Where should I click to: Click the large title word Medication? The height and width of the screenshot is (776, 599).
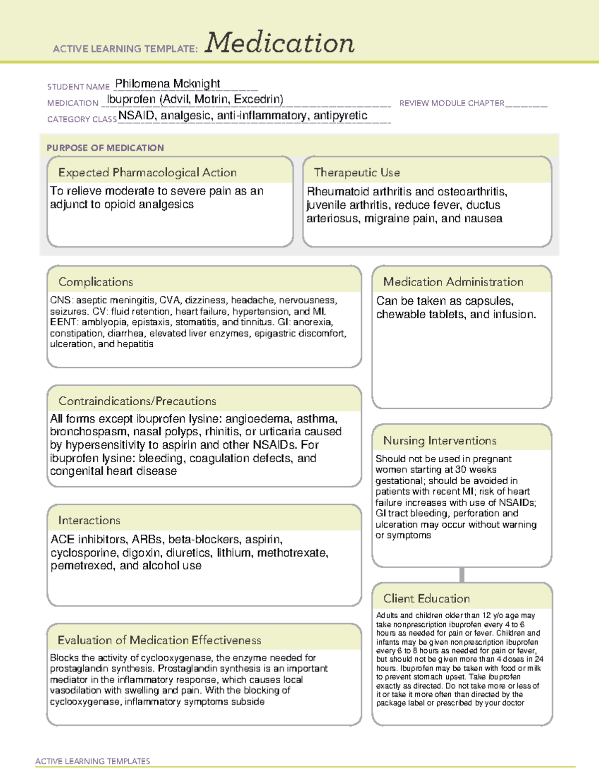[280, 43]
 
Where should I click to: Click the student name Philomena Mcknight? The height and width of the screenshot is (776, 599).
[168, 83]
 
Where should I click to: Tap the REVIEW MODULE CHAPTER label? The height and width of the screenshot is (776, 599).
[452, 103]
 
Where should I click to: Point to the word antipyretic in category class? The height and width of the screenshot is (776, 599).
[340, 115]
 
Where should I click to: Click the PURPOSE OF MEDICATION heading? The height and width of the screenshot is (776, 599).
[105, 148]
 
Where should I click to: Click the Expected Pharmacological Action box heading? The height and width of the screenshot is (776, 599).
[147, 172]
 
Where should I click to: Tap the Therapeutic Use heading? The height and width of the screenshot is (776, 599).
[356, 172]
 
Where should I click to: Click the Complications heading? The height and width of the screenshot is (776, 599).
[95, 282]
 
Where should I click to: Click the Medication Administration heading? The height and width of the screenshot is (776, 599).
[453, 282]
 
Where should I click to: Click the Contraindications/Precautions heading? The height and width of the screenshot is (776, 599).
[137, 401]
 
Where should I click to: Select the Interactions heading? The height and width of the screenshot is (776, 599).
[89, 520]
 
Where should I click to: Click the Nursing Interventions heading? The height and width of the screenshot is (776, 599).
[439, 440]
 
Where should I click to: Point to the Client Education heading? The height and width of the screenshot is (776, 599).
[426, 599]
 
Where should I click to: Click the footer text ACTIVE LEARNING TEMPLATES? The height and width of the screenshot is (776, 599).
[92, 761]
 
